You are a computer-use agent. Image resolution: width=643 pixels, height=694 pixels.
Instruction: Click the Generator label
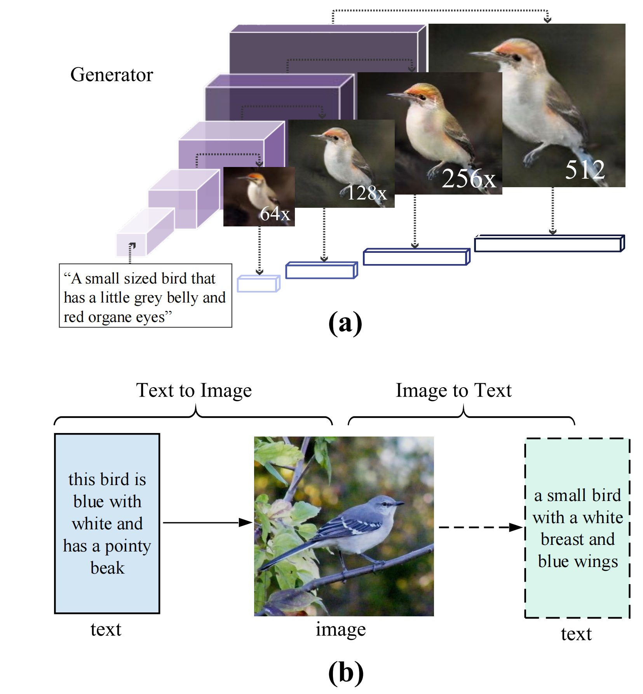tap(112, 75)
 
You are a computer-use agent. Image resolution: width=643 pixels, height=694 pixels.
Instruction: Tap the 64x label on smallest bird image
tap(275, 214)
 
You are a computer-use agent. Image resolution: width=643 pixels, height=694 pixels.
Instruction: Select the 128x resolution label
tap(366, 193)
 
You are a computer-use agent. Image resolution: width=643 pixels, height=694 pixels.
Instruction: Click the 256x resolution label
tap(469, 179)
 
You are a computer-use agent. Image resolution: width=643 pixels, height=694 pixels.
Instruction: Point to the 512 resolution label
tap(585, 170)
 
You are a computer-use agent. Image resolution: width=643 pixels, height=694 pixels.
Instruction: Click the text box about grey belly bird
tap(145, 296)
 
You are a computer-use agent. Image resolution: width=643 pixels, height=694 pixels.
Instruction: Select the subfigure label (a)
tap(345, 323)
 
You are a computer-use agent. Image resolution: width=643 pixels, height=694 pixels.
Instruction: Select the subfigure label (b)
tap(345, 673)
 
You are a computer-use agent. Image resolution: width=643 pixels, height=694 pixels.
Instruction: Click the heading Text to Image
tap(193, 390)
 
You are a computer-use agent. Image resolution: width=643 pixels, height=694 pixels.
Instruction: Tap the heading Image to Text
tap(453, 390)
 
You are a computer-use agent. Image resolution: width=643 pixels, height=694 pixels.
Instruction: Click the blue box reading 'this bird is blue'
tap(107, 523)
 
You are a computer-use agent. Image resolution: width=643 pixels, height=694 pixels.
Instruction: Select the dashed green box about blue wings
tap(577, 528)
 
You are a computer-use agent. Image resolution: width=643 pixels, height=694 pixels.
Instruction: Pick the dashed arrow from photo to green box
tap(480, 527)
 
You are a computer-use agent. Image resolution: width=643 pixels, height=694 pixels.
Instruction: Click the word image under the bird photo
tap(340, 629)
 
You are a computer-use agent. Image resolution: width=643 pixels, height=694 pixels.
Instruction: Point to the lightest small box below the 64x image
tap(258, 284)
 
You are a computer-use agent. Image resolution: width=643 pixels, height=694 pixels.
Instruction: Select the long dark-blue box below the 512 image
tap(549, 244)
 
